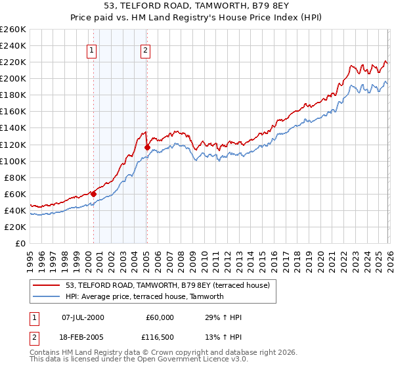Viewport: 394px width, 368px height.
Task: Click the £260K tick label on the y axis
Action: point(13,30)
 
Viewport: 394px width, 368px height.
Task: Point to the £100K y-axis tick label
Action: point(13,161)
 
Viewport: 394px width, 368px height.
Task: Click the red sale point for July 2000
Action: point(93,194)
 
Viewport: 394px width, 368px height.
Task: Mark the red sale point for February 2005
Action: point(146,147)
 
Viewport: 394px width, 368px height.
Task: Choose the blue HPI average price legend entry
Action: point(144,296)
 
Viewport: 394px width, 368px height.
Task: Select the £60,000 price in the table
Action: point(160,317)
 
